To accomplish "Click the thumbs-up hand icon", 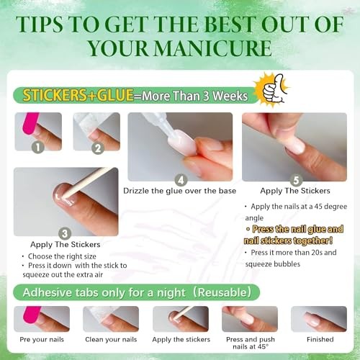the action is tap(274, 89).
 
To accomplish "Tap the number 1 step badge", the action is tap(38, 147).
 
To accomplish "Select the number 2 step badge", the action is tap(98, 148).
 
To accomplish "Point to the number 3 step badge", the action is tap(65, 233).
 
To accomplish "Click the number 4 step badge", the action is tap(181, 180).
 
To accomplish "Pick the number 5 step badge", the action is tap(296, 180).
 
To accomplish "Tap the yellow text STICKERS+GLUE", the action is tap(78, 95).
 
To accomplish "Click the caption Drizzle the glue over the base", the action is tap(179, 191).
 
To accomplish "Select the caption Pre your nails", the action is tap(42, 340).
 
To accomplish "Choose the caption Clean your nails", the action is tap(111, 340).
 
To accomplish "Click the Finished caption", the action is tap(320, 339).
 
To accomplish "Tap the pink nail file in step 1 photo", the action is tap(30, 123).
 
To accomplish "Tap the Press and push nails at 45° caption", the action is tap(251, 343).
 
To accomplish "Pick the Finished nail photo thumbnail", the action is tap(319, 319).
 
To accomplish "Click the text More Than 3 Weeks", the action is tap(194, 96).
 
